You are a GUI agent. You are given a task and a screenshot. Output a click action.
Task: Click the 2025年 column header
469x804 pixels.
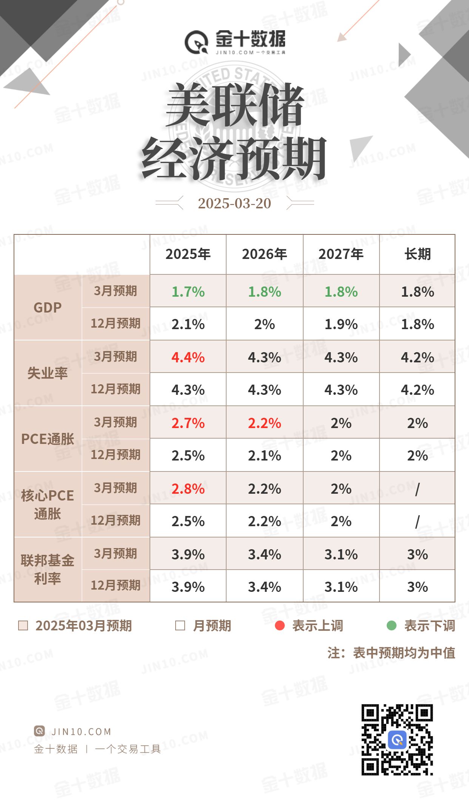tap(188, 254)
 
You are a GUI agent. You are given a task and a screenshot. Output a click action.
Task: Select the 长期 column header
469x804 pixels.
tap(417, 254)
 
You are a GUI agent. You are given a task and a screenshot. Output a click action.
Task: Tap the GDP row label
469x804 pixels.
tap(48, 308)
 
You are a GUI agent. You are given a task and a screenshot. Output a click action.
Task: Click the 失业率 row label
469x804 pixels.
tap(48, 373)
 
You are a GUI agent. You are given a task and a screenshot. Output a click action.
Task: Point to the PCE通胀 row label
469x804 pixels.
tap(48, 439)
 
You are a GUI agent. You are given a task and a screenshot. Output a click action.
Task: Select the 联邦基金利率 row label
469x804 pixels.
tap(48, 569)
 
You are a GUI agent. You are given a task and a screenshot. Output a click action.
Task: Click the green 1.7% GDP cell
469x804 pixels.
tap(188, 292)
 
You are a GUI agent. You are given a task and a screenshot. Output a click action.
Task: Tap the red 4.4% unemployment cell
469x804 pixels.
tap(188, 357)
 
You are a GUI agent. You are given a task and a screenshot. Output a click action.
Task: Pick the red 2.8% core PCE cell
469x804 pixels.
tap(188, 489)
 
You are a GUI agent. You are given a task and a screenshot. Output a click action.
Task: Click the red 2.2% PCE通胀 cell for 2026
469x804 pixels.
tap(264, 423)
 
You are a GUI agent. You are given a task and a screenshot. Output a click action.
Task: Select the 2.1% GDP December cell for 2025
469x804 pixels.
tap(188, 324)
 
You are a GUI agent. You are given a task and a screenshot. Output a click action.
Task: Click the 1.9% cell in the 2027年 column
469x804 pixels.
tap(341, 324)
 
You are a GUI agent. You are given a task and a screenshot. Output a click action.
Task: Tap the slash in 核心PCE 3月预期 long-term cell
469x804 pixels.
tap(417, 490)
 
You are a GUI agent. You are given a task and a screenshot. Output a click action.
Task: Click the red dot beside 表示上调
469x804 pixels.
tap(280, 625)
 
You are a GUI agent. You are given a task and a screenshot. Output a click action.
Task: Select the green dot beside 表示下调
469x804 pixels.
tap(392, 625)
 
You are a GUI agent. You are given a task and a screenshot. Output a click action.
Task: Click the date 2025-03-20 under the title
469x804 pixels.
tap(234, 203)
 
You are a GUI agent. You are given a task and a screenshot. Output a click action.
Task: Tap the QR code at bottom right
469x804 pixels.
tap(397, 739)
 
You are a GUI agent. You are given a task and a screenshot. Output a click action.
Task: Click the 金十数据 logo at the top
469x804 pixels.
tap(235, 42)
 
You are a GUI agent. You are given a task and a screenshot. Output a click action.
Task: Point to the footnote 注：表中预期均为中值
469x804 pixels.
tap(391, 653)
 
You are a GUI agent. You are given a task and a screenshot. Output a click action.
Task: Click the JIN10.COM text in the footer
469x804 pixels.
tap(81, 732)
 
